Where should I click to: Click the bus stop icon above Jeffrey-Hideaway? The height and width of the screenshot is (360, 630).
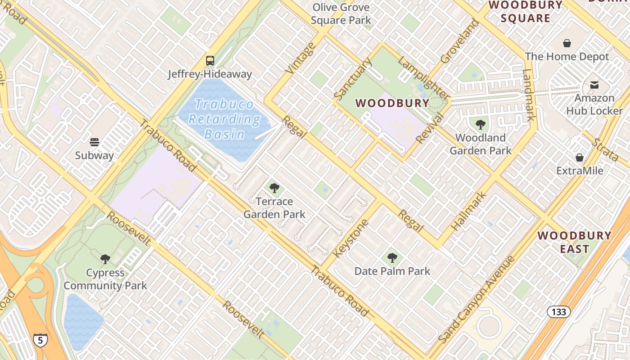(x=210, y=60)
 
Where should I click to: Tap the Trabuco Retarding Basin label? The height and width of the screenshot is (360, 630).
(x=224, y=119)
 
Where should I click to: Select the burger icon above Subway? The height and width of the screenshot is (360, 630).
(x=94, y=142)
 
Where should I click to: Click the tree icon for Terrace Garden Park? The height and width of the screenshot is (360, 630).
(x=274, y=188)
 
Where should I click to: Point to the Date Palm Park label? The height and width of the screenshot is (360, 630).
(x=392, y=271)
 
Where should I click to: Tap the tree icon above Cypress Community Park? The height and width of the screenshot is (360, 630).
(x=105, y=259)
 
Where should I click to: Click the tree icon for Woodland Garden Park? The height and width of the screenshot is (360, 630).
(x=480, y=125)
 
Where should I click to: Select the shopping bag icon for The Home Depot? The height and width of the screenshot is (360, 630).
(x=567, y=44)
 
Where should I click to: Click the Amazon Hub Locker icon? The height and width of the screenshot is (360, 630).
(x=594, y=85)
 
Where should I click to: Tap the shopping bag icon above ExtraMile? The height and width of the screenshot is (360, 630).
(x=580, y=157)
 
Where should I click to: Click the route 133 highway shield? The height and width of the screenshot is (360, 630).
(x=559, y=311)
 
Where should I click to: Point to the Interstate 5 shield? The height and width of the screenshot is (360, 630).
(x=40, y=340)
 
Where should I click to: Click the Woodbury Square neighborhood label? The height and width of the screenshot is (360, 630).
(x=525, y=12)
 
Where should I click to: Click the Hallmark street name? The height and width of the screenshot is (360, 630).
(x=469, y=211)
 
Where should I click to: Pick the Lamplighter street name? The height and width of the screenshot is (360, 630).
(x=424, y=79)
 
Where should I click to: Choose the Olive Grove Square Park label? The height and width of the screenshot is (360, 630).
(x=341, y=13)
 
